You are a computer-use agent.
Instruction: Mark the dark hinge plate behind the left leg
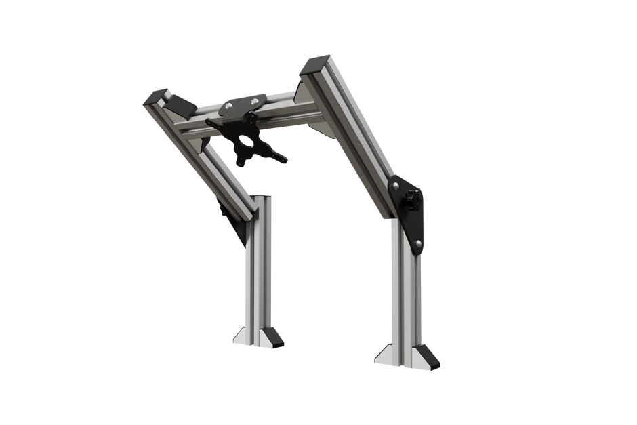click(237, 224)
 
